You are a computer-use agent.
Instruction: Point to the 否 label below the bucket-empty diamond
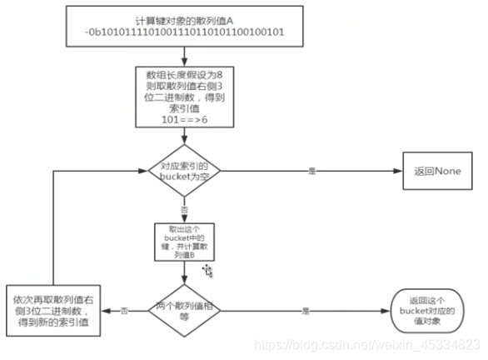coord(183,209)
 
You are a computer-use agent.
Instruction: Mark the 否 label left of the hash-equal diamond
coord(124,310)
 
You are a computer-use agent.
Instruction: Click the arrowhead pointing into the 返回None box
coord(398,172)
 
